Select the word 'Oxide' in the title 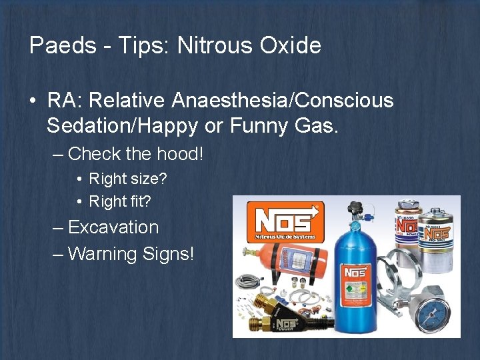292,45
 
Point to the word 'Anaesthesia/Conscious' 283,101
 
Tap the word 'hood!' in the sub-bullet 180,154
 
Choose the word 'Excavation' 113,227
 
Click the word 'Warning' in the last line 105,254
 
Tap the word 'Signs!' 169,254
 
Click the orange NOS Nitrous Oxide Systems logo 285,222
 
